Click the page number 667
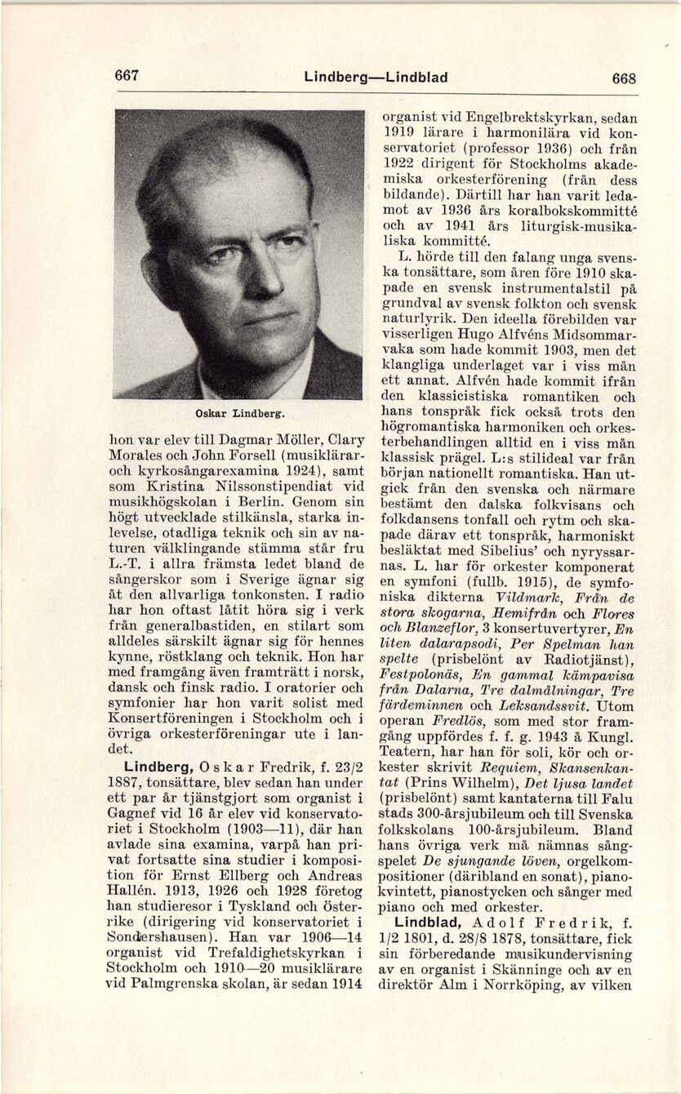[x=127, y=76]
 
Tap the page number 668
[x=624, y=78]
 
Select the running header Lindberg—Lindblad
[x=376, y=78]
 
